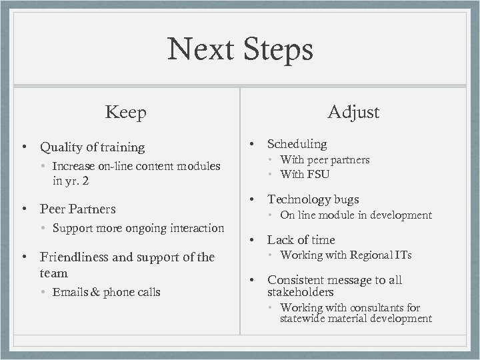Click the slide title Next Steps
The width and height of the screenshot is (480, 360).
240,49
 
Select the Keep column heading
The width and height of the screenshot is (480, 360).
125,112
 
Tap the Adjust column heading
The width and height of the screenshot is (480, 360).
353,112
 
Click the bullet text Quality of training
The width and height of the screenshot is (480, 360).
92,147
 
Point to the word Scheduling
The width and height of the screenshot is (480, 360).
297,144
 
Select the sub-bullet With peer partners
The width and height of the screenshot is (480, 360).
325,160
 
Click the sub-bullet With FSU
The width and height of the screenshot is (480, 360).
305,174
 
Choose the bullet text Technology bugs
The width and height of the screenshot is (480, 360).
313,199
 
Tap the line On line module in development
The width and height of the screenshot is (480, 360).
356,215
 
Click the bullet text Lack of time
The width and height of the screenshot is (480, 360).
301,240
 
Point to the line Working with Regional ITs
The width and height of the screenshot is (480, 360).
346,255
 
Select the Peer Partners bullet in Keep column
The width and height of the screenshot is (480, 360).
77,209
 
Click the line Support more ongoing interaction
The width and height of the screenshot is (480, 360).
138,228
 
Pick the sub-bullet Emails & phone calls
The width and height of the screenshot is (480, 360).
106,292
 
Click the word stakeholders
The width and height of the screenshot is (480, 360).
300,292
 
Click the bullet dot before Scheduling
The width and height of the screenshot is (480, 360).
253,144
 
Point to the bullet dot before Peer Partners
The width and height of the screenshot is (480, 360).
25,209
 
